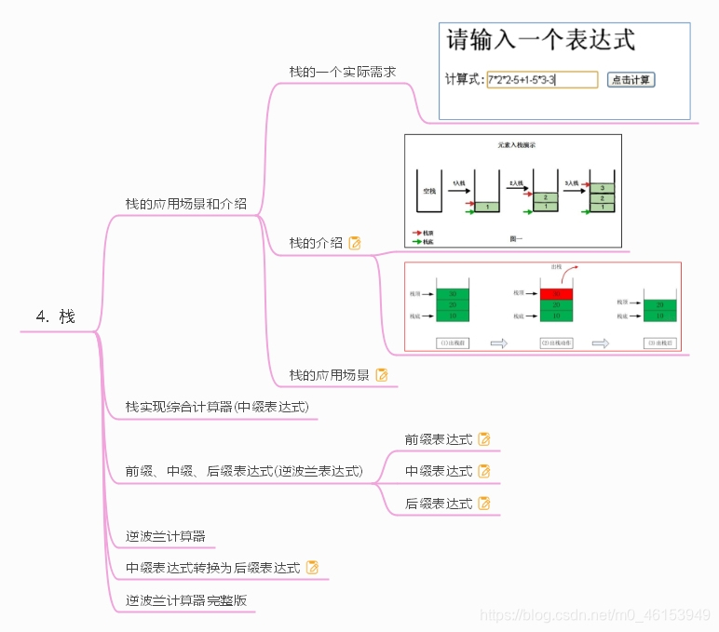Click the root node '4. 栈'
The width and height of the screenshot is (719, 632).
click(56, 316)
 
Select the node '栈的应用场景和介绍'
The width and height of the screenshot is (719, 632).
click(186, 203)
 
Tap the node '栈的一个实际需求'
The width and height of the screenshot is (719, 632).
click(343, 71)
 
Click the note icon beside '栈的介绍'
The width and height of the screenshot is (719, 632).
click(355, 243)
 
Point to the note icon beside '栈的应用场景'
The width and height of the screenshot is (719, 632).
click(381, 375)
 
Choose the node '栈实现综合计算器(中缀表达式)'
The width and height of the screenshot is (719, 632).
click(217, 407)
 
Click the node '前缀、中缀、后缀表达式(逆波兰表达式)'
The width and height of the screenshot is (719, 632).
click(244, 471)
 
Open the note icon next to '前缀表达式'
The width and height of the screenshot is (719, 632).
click(484, 439)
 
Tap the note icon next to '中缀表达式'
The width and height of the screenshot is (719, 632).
click(484, 471)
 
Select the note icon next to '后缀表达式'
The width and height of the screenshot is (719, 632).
click(484, 504)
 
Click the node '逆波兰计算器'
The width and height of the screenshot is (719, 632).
click(165, 536)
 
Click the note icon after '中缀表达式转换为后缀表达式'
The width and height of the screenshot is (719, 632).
click(313, 567)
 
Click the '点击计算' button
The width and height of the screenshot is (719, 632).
click(631, 80)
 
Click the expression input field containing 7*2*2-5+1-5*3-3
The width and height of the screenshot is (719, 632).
click(541, 80)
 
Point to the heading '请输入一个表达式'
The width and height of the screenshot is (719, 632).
click(541, 40)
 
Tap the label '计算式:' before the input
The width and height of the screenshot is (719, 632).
click(465, 80)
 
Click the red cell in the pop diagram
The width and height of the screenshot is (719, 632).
click(557, 293)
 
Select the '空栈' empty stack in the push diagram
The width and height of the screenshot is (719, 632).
click(429, 191)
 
